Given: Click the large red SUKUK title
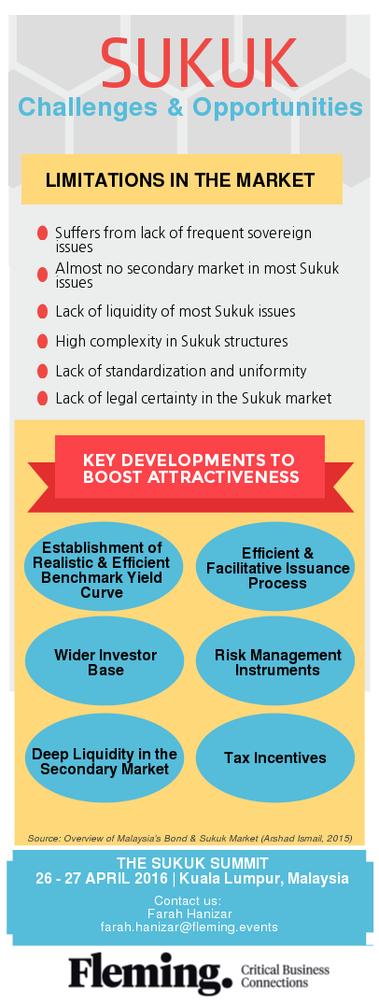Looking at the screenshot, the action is [x=199, y=64].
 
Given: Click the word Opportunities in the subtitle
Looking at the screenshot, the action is [x=277, y=107].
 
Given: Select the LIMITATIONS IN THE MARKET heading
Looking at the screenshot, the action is [x=180, y=179].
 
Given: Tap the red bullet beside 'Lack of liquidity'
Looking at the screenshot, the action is [x=42, y=312].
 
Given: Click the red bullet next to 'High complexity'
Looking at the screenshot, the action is [x=42, y=341].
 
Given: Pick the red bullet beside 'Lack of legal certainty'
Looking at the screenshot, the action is [x=42, y=398].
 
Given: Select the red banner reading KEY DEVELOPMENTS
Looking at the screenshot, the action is [x=190, y=469].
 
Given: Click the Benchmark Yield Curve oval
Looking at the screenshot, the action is [x=104, y=567].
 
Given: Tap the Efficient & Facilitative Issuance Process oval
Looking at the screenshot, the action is [x=275, y=567].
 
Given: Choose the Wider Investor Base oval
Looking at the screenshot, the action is [x=104, y=661].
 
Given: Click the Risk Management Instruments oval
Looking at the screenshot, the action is [x=275, y=661].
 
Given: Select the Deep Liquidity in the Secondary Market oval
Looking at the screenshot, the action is [x=104, y=760].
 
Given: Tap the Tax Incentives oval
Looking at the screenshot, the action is [x=275, y=757].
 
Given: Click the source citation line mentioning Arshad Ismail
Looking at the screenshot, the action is [x=189, y=838].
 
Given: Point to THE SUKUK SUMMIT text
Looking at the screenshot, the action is [x=192, y=863].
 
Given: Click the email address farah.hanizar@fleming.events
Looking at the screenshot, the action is [x=189, y=927].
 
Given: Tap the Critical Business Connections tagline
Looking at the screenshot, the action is [x=285, y=975].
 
